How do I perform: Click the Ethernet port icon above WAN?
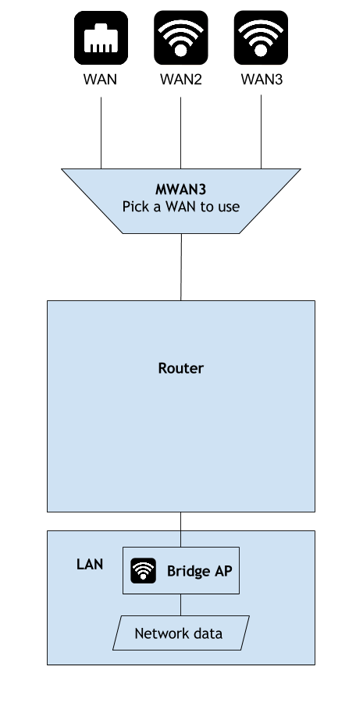tap(101, 37)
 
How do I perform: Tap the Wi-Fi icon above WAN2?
tap(181, 37)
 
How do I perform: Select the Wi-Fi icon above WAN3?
tap(261, 37)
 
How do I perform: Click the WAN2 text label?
tap(180, 80)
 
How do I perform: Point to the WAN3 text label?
tap(262, 80)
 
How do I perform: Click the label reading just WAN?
tap(101, 80)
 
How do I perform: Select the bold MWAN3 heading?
tap(180, 189)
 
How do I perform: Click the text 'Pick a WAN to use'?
tap(180, 207)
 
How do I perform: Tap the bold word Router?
tap(180, 368)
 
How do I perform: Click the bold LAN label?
tap(90, 564)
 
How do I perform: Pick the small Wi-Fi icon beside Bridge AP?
tap(144, 571)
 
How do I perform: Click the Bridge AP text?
tap(200, 571)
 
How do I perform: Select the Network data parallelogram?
tap(181, 633)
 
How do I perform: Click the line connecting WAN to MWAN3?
tap(101, 133)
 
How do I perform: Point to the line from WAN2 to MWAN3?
tap(180, 133)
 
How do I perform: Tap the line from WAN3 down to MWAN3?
tap(261, 132)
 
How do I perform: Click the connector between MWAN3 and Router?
tap(181, 267)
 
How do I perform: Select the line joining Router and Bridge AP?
tap(180, 530)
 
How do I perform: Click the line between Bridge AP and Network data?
tap(180, 604)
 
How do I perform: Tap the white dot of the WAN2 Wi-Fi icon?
tap(181, 51)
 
